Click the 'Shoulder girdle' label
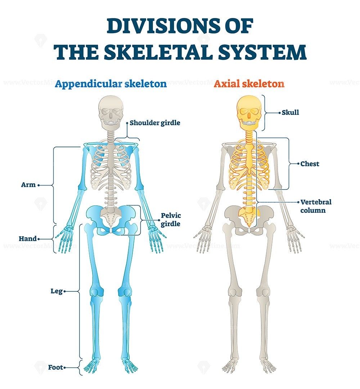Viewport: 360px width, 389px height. (x=155, y=123)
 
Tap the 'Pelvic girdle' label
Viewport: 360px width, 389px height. (x=171, y=219)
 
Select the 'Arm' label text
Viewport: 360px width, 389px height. (x=28, y=185)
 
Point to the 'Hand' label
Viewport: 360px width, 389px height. (x=28, y=238)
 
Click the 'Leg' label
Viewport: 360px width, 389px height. (x=57, y=291)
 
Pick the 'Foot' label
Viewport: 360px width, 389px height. (x=55, y=368)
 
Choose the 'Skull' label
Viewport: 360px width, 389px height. (x=290, y=113)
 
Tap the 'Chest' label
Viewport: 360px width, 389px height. (x=310, y=164)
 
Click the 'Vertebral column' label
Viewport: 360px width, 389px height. (x=316, y=206)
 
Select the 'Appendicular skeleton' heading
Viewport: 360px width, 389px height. (x=111, y=84)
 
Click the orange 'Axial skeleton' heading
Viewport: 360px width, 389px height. (x=249, y=84)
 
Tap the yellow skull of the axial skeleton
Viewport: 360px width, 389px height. (x=248, y=110)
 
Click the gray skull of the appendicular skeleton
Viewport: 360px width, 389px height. (x=111, y=110)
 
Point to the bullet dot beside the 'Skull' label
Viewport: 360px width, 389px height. (x=279, y=113)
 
